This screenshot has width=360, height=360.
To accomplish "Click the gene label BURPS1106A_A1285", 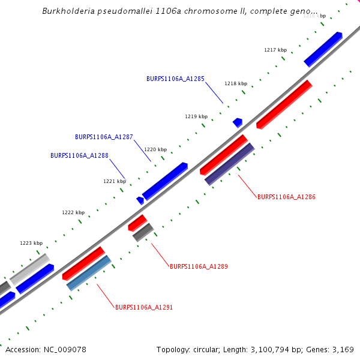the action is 175,79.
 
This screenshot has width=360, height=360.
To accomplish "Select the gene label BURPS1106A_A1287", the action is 104,137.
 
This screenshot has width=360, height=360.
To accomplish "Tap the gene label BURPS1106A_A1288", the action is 79,155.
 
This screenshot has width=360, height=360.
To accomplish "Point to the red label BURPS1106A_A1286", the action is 286,197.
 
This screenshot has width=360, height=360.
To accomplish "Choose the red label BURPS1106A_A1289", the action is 199,266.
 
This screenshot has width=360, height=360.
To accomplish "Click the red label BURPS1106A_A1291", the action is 144,307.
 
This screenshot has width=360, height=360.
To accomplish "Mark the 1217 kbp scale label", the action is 275,50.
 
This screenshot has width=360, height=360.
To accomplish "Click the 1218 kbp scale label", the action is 236,84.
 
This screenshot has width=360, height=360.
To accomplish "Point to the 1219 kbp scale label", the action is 196,116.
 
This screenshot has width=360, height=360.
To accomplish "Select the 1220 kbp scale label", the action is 155,149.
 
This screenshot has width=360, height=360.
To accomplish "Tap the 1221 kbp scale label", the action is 115,181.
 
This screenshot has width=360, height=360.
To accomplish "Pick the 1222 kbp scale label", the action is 73,212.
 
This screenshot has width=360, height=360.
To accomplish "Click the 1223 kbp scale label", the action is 31,243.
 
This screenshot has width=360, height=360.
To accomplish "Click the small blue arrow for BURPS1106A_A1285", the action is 238,122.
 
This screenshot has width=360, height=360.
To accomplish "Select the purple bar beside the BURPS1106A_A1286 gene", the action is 229,164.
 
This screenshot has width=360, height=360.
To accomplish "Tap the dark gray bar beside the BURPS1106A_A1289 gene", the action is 143,232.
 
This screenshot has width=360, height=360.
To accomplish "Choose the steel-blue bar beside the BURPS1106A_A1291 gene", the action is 89,273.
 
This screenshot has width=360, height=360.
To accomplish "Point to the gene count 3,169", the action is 343,349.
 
